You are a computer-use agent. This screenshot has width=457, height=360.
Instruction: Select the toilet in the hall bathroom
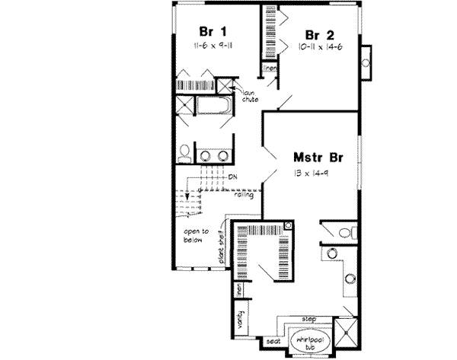click(184, 155)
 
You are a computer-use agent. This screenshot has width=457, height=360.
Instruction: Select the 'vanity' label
click(241, 316)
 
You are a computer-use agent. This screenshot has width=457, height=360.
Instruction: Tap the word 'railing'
click(244, 196)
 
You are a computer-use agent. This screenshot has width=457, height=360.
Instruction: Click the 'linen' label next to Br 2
click(269, 69)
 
